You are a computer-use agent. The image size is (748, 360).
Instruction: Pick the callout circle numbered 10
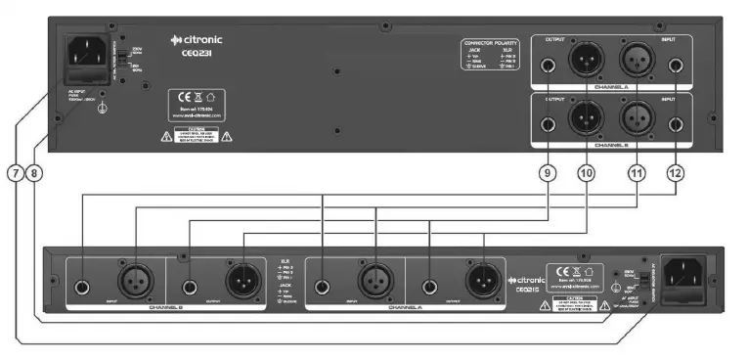[x=587, y=173]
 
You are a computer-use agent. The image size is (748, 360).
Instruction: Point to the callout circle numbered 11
[x=637, y=173]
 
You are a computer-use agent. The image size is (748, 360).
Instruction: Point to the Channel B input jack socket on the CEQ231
[x=676, y=123]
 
